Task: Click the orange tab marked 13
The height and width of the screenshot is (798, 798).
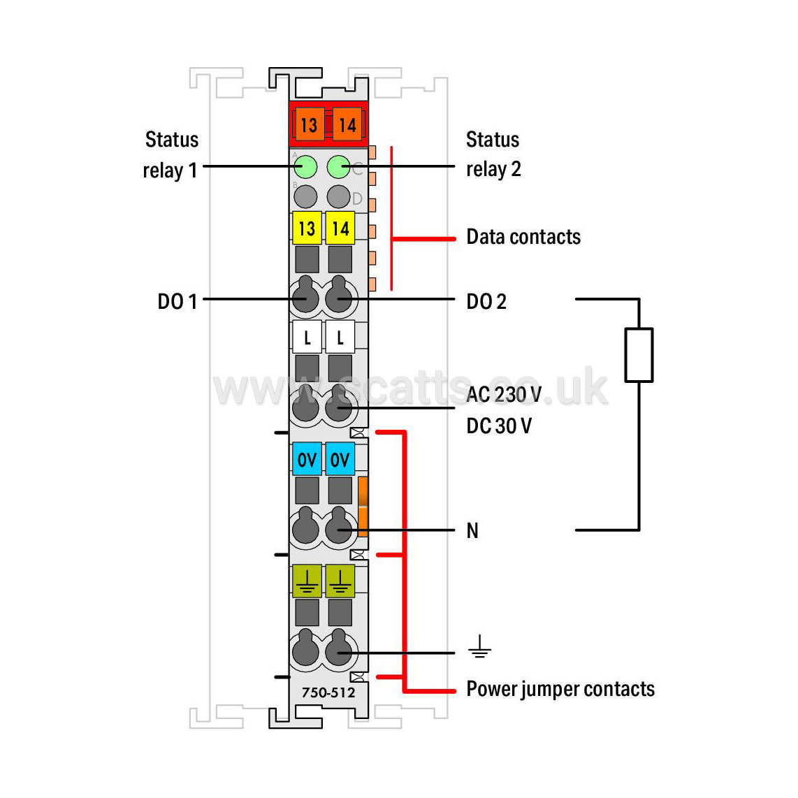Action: [x=309, y=124]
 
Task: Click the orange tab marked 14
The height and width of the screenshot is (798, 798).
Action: [x=347, y=124]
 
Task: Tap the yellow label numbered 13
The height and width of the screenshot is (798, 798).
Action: [x=307, y=228]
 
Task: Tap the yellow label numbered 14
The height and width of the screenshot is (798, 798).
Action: [x=340, y=228]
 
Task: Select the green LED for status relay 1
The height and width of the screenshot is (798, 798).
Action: [x=305, y=166]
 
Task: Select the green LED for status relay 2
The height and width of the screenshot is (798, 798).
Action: [x=338, y=166]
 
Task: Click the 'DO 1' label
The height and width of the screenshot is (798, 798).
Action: [x=177, y=301]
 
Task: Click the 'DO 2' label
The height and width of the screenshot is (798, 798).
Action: [x=486, y=301]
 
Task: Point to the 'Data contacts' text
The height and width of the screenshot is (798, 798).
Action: [x=523, y=237]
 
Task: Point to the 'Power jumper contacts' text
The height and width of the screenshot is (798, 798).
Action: [x=560, y=689]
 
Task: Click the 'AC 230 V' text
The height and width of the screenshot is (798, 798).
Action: [x=504, y=394]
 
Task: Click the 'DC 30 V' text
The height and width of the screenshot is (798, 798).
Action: [x=499, y=426]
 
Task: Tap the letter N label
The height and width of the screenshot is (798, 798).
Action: [x=472, y=530]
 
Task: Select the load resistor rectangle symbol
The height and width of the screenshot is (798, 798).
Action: [x=639, y=355]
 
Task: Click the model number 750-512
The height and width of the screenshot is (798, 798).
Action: [x=328, y=692]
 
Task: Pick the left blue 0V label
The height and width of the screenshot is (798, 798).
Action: [x=307, y=459]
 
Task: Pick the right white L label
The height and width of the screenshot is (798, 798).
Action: [x=340, y=337]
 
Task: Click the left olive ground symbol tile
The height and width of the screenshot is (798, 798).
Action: [x=307, y=581]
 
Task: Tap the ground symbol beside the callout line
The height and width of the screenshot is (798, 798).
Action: [x=479, y=646]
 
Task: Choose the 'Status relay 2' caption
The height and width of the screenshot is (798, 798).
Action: [x=493, y=154]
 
